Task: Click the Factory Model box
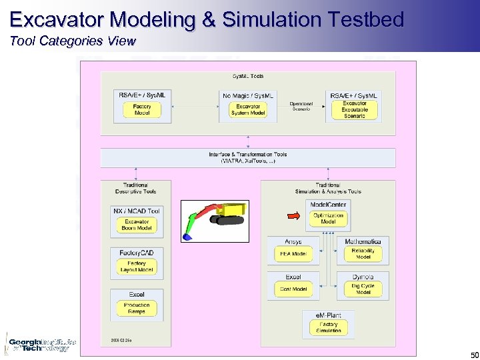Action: click(142, 110)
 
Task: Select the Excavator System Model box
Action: click(248, 110)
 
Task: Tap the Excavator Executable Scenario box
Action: click(355, 110)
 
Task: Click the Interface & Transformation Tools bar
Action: click(248, 158)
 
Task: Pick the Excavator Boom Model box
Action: click(137, 225)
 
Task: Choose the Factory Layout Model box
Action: click(137, 267)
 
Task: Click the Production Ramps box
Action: click(137, 308)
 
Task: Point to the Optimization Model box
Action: click(328, 219)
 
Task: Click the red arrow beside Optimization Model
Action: click(294, 215)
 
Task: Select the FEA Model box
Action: click(293, 254)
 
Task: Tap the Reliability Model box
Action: click(363, 254)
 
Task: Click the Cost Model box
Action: click(293, 289)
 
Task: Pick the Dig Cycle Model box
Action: click(363, 289)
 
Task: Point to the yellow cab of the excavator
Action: click(235, 213)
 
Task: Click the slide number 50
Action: click(474, 355)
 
